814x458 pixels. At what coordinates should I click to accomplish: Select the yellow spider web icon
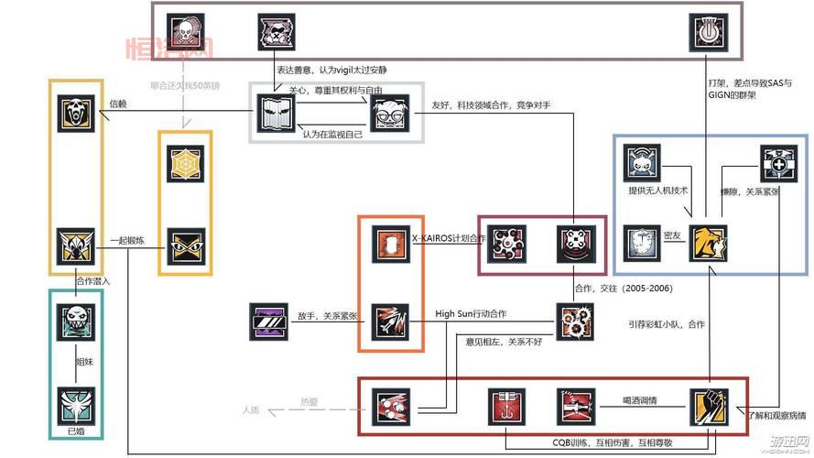point(186,163)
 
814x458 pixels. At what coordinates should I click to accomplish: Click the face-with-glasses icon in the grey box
point(393,114)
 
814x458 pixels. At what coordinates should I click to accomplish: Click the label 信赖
point(118,104)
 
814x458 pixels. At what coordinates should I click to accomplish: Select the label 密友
point(673,236)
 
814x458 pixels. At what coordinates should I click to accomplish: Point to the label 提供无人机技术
point(657,191)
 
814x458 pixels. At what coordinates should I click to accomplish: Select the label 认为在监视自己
point(333,135)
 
